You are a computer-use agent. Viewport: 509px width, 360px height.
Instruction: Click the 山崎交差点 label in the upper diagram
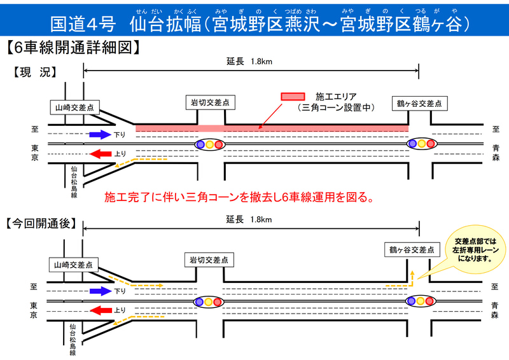tap(73, 108)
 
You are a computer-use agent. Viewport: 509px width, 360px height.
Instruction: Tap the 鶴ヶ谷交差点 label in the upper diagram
tap(418, 103)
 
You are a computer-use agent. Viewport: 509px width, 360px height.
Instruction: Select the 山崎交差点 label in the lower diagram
tap(73, 265)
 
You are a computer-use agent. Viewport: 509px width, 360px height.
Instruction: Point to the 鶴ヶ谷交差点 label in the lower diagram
tap(412, 250)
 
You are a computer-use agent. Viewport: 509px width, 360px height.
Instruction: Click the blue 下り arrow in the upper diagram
tap(100, 134)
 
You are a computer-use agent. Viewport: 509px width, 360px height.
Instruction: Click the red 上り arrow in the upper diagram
tap(100, 153)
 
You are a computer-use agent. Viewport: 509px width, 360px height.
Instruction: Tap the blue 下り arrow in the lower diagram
tap(100, 291)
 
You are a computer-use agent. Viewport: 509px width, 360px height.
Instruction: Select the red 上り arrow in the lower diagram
tap(100, 310)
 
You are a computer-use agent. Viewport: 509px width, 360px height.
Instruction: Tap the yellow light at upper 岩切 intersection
tap(210, 144)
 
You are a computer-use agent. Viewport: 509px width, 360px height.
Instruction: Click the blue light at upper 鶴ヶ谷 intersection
tap(412, 144)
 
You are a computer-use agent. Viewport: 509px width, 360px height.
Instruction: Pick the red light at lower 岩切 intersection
tap(220, 301)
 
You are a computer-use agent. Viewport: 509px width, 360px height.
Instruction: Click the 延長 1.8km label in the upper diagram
tap(249, 62)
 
